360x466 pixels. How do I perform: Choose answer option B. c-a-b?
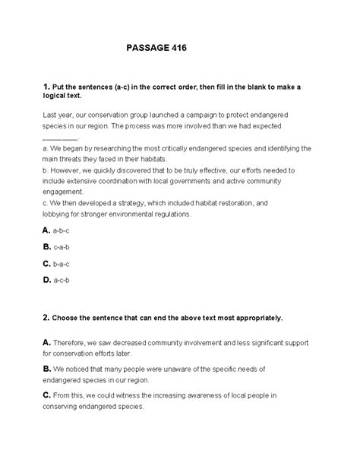[57, 246]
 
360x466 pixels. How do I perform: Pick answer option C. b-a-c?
[57, 264]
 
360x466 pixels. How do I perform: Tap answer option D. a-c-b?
[57, 281]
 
